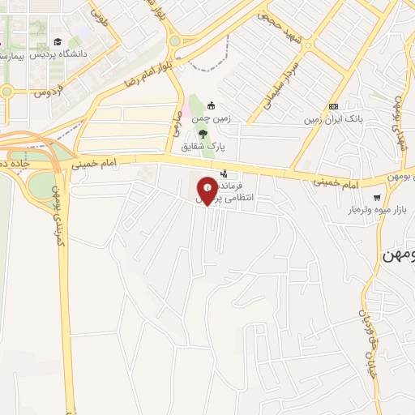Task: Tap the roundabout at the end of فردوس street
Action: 7,92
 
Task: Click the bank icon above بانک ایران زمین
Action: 333,106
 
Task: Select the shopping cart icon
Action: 377,197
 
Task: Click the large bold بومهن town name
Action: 397,255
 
